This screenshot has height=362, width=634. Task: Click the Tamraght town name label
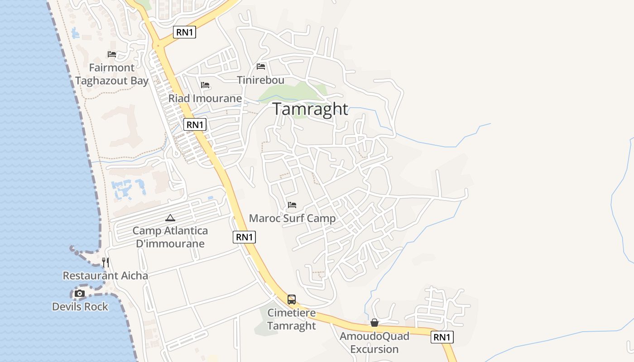coord(310,109)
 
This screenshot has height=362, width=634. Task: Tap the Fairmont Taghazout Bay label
coord(112,74)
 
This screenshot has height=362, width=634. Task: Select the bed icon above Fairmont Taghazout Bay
coord(112,54)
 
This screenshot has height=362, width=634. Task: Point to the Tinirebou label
coord(261,80)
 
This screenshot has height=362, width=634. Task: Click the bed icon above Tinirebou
coord(261,67)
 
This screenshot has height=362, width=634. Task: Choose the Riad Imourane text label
coord(205,98)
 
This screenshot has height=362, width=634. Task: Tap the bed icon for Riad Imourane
coord(205,85)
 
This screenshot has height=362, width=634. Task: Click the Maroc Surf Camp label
coord(292,219)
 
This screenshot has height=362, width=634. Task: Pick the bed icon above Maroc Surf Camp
coord(292,205)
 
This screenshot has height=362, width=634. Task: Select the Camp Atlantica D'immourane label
coord(170,237)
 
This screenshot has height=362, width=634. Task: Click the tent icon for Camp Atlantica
coord(170,218)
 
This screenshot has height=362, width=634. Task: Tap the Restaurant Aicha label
coord(105,275)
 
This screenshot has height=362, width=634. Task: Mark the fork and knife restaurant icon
coord(106,262)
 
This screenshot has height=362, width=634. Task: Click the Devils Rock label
coord(80,306)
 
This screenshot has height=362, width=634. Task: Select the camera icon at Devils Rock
coord(80,294)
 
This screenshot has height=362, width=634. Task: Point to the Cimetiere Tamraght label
coord(292,319)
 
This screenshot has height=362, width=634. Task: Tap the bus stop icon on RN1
coord(292,299)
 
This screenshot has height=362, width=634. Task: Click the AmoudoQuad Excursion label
coord(375,343)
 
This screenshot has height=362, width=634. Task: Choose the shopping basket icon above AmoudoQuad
coord(375,323)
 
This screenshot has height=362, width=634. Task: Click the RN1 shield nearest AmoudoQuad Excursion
coord(442,337)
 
